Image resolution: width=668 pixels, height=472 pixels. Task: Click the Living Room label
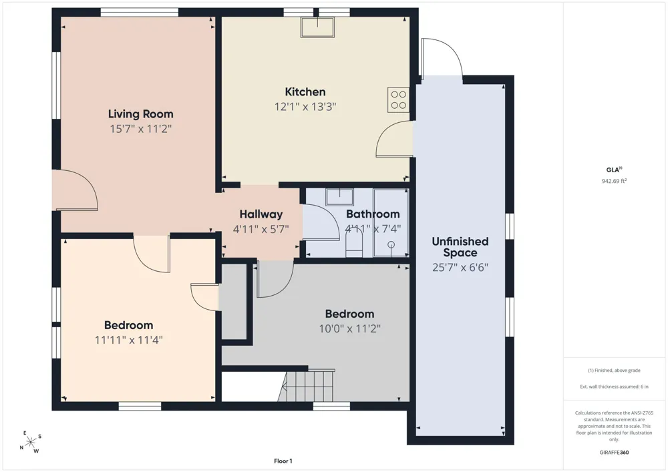pos(140,114)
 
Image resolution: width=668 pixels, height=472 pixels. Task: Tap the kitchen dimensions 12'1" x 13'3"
pos(305,106)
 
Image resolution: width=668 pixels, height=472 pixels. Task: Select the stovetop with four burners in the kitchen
pos(398,99)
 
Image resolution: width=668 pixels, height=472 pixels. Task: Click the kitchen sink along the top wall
pos(318,27)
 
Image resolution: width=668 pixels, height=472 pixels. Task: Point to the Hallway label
pos(261,214)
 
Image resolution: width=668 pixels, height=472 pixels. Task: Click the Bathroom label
pos(373,214)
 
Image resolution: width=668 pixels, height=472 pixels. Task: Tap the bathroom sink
pos(339,198)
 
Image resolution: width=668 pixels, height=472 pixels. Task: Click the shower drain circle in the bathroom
pos(391,245)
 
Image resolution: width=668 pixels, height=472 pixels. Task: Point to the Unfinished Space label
pos(460,247)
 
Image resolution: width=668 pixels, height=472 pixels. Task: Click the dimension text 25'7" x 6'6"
pos(460,267)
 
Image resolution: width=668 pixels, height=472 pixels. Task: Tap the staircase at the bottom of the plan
pos(307,386)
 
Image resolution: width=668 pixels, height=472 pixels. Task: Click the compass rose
pos(30,442)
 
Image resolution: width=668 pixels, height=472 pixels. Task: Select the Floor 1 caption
pos(283,461)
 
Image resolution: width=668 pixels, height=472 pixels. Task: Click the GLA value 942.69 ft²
pos(614,181)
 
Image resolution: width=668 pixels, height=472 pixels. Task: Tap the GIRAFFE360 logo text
pos(614,453)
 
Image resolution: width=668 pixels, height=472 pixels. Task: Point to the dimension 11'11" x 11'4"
pos(129,340)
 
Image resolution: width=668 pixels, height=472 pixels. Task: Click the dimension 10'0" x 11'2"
pos(350,328)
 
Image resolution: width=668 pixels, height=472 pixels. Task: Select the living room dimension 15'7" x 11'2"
pos(140,129)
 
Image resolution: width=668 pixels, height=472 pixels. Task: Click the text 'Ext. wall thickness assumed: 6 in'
pos(614,387)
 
